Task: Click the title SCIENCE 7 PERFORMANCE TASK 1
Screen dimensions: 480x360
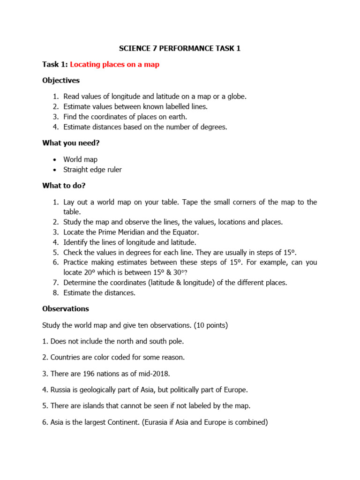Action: (x=180, y=48)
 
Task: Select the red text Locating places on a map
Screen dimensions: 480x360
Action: (x=115, y=65)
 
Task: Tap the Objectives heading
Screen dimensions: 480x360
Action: (x=61, y=81)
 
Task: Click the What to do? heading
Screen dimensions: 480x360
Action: (x=64, y=186)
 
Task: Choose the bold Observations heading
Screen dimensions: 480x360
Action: (x=66, y=309)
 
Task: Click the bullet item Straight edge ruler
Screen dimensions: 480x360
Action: (x=92, y=170)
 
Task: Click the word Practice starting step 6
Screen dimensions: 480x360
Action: (x=78, y=262)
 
